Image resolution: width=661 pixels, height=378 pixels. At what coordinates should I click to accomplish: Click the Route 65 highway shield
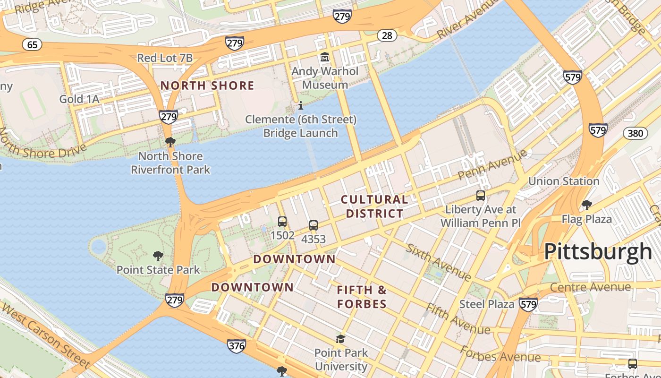pyautogui.click(x=32, y=45)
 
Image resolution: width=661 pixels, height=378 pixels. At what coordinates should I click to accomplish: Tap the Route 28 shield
pyautogui.click(x=387, y=35)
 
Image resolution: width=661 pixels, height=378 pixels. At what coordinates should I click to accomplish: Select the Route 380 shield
pyautogui.click(x=635, y=133)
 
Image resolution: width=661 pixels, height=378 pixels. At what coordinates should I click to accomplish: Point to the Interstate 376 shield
pyautogui.click(x=236, y=346)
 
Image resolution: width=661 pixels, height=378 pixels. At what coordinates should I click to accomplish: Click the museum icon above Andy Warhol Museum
pyautogui.click(x=325, y=58)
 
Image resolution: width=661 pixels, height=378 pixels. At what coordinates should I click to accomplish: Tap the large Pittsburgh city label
pyautogui.click(x=598, y=251)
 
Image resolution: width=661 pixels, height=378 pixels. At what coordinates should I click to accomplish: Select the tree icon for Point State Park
pyautogui.click(x=158, y=256)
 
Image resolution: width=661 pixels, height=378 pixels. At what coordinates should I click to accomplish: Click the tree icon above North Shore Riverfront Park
pyautogui.click(x=170, y=142)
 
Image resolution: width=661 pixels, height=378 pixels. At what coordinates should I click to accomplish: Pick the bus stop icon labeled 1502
pyautogui.click(x=282, y=221)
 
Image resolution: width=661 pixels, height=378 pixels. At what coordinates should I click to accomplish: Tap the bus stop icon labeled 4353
pyautogui.click(x=314, y=225)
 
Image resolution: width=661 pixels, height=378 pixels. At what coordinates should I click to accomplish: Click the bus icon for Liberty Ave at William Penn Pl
pyautogui.click(x=481, y=195)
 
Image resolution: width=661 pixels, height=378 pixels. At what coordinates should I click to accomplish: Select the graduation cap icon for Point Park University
pyautogui.click(x=340, y=339)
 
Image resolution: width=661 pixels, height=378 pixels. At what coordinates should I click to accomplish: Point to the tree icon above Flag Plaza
pyautogui.click(x=587, y=205)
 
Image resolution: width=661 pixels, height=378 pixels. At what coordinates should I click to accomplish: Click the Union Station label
pyautogui.click(x=564, y=181)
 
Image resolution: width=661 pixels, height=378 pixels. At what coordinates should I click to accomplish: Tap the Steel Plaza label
pyautogui.click(x=486, y=304)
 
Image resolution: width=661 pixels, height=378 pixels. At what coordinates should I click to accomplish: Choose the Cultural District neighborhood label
pyautogui.click(x=374, y=206)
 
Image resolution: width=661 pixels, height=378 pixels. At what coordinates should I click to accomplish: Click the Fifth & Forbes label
pyautogui.click(x=362, y=297)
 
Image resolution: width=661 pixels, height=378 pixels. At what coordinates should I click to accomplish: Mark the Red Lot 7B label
pyautogui.click(x=165, y=58)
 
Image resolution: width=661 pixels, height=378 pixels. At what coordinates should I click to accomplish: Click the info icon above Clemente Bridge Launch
pyautogui.click(x=301, y=105)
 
